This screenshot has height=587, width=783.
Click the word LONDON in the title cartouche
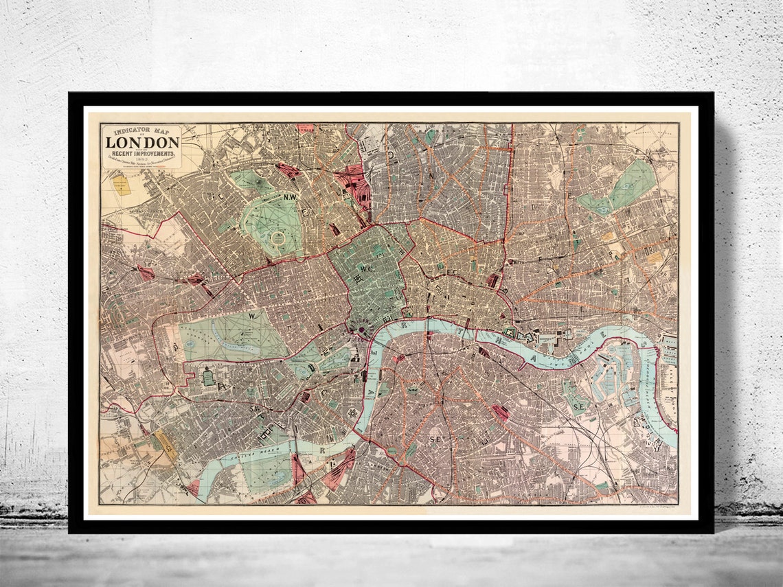[x=142, y=143]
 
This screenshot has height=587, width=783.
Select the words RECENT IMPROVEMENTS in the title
[x=142, y=154]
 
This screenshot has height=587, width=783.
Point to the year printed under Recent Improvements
[x=142, y=164]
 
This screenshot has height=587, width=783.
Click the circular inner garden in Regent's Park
[x=278, y=239]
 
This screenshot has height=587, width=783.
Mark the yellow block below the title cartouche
[x=122, y=185]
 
